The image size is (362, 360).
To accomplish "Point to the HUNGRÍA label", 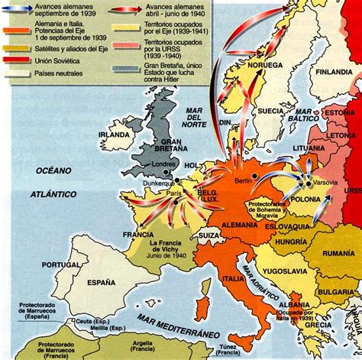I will coord(293,242).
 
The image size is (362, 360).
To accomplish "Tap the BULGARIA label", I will coord(334,292).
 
